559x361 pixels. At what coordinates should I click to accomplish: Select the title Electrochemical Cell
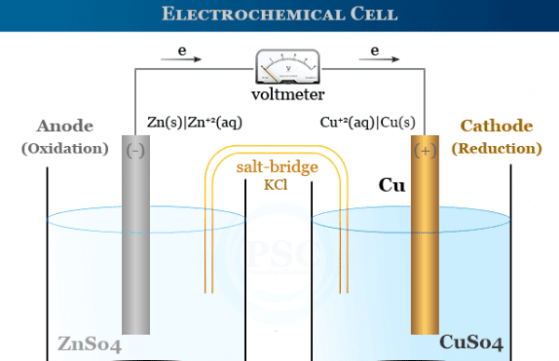pyautogui.click(x=279, y=14)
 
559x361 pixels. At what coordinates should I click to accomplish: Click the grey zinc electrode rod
pyautogui.click(x=135, y=242)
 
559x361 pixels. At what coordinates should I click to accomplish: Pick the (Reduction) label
pyautogui.click(x=497, y=148)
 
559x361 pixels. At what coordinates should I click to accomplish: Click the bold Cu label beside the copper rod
pyautogui.click(x=390, y=185)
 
